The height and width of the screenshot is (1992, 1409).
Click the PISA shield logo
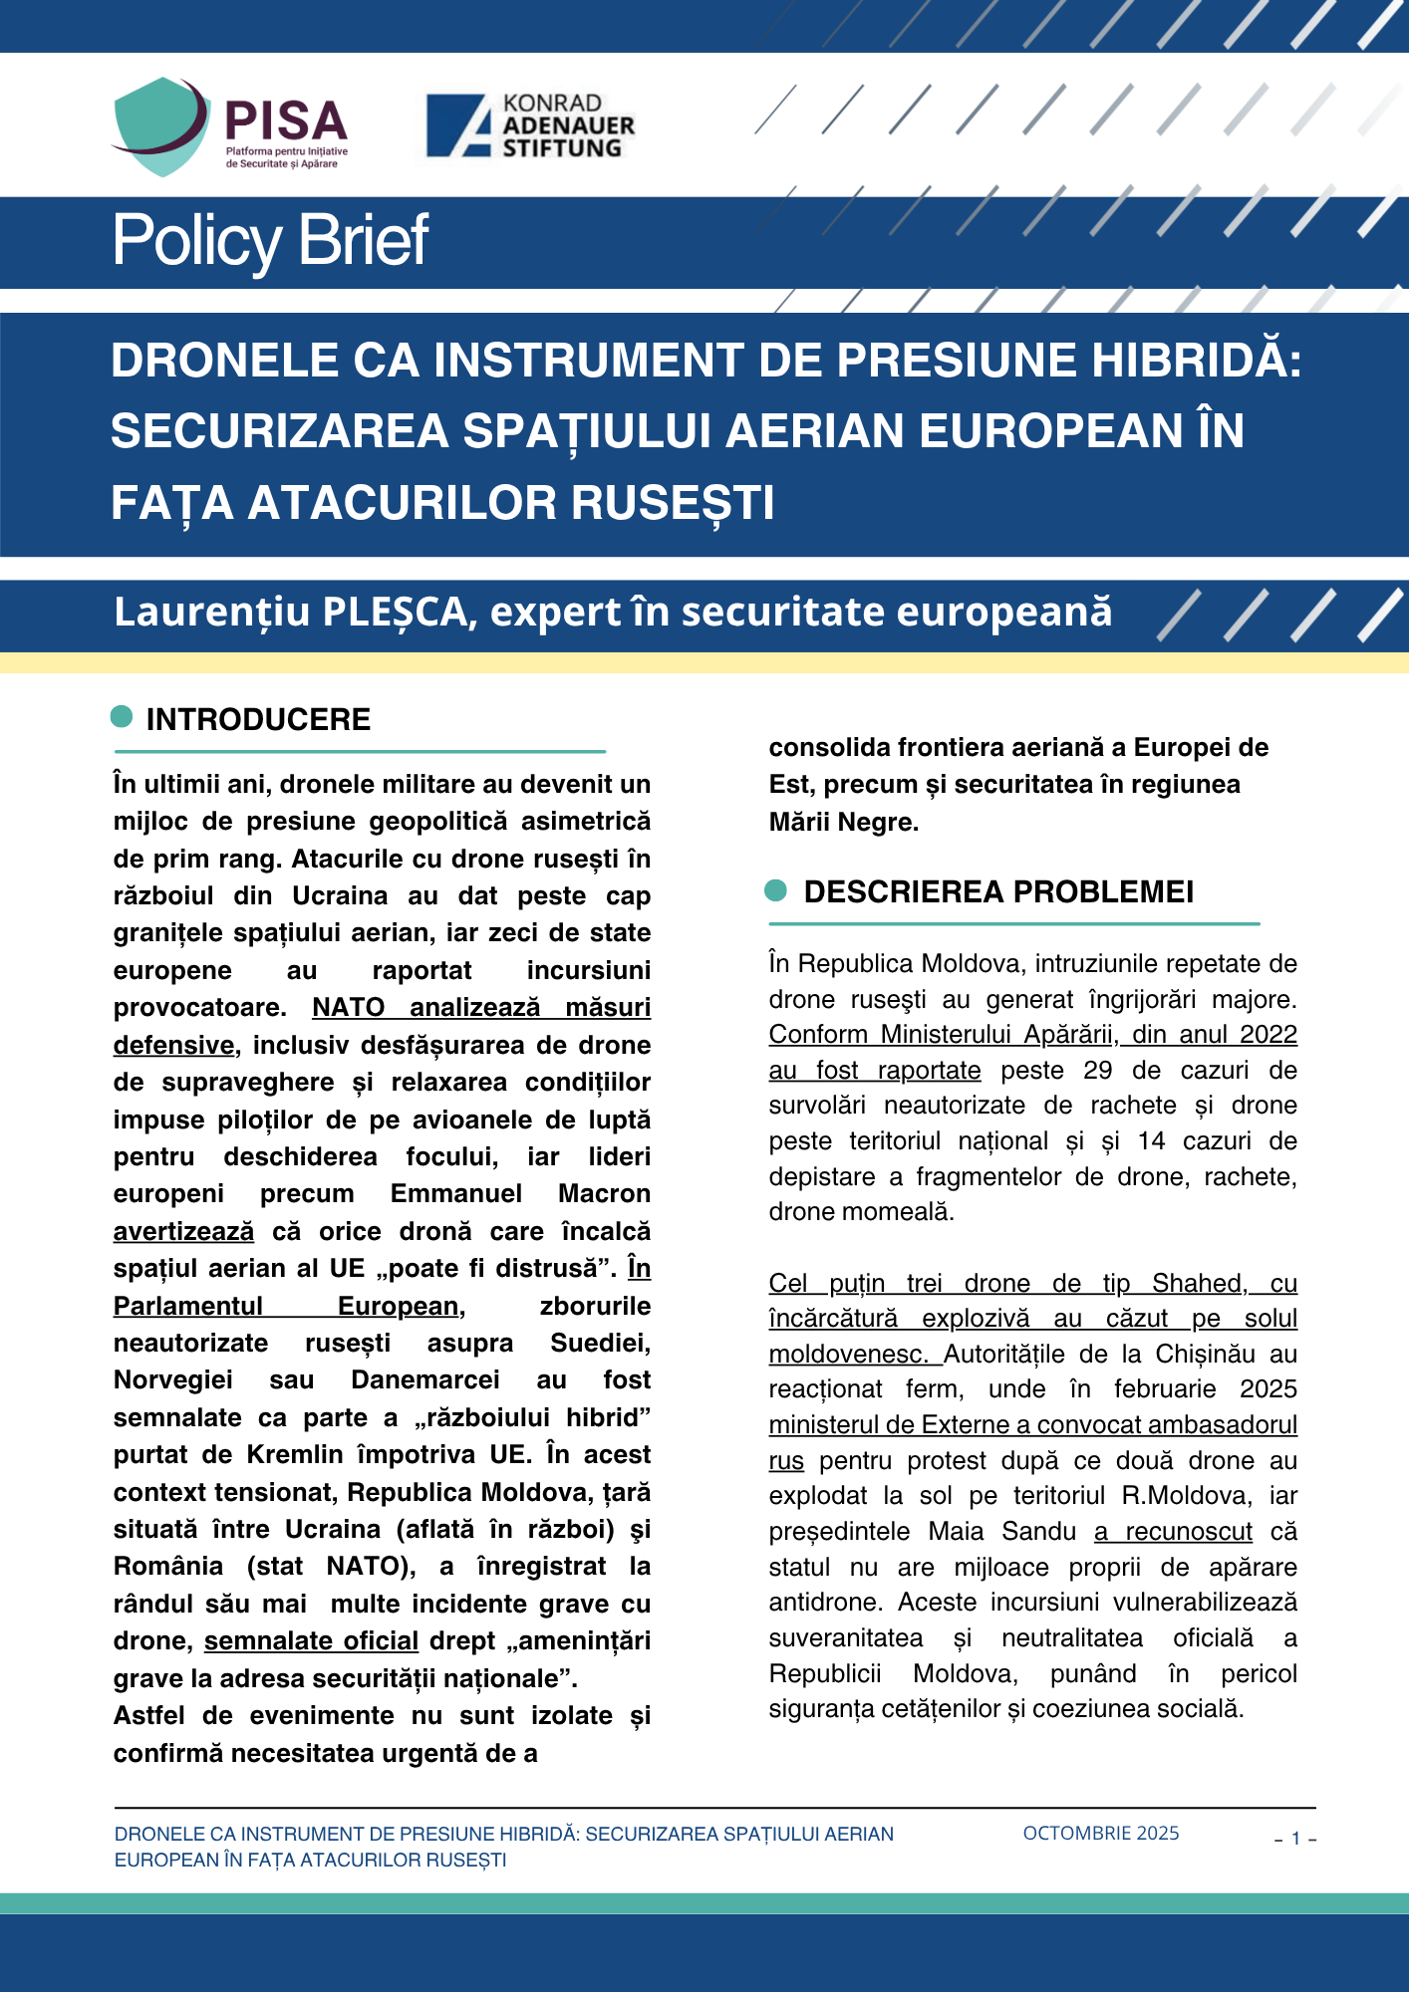pos(162,125)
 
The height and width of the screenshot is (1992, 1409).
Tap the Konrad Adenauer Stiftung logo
pos(530,125)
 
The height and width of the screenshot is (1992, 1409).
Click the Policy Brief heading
pos(270,240)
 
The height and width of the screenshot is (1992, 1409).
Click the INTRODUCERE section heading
pos(258,719)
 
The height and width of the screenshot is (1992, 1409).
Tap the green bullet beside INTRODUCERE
pos(122,716)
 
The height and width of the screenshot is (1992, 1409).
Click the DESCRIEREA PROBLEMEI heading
pos(998,891)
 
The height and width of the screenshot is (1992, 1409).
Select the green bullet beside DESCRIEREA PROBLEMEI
pos(776,890)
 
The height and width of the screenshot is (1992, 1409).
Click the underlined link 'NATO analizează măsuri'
pos(481,1007)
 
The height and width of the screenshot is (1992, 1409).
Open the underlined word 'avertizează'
pos(183,1231)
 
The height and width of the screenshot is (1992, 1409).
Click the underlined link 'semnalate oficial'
pos(311,1640)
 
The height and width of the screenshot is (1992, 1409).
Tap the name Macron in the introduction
pos(604,1193)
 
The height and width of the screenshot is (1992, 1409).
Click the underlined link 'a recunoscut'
pos(1173,1531)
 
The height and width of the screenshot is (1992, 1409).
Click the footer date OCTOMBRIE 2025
pos(1101,1834)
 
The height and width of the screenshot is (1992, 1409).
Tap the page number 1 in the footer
pos(1295,1839)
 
